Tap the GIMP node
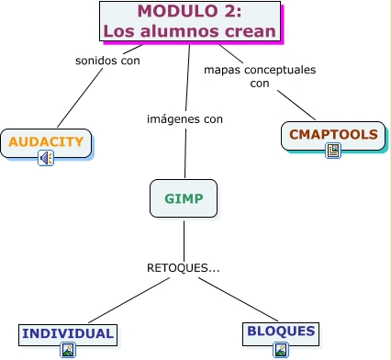click(x=184, y=197)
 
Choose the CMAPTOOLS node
click(x=333, y=134)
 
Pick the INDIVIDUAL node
click(x=68, y=333)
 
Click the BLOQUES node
click(x=281, y=332)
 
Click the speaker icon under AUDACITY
click(x=46, y=159)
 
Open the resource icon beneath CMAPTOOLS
click(x=333, y=151)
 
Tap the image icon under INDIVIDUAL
click(x=68, y=350)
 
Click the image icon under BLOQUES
click(x=281, y=349)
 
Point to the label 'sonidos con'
click(x=106, y=61)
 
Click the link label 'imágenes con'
click(x=184, y=118)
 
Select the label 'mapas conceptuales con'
click(x=259, y=76)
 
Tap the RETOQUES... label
click(x=184, y=268)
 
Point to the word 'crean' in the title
click(x=248, y=30)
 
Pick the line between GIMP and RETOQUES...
click(x=184, y=239)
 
